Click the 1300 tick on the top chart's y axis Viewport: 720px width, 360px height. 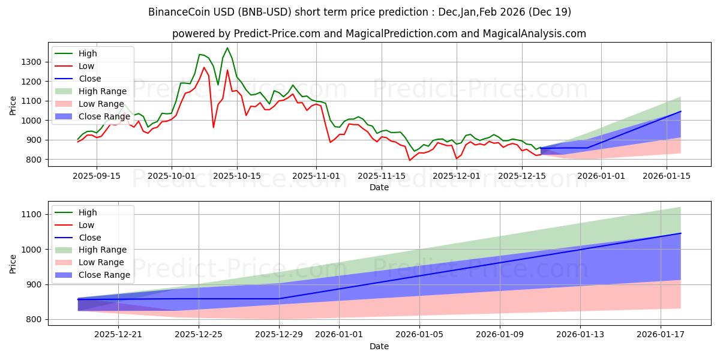pyautogui.click(x=31, y=62)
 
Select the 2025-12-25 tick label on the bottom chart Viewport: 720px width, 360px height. pyautogui.click(x=198, y=335)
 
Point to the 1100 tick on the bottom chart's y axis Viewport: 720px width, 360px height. pyautogui.click(x=31, y=214)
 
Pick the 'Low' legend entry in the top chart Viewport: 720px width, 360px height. pyautogui.click(x=87, y=66)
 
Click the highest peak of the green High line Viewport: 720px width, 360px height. pyautogui.click(x=227, y=48)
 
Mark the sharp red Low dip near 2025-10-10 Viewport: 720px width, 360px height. pyautogui.click(x=214, y=127)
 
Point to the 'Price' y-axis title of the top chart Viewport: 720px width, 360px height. pyautogui.click(x=13, y=105)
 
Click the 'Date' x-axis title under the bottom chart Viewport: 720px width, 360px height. pyautogui.click(x=379, y=346)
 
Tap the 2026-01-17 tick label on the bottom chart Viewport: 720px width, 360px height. pyautogui.click(x=661, y=335)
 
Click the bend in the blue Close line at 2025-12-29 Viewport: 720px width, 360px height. pyautogui.click(x=279, y=299)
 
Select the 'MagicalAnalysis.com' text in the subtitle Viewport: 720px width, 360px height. pyautogui.click(x=536, y=34)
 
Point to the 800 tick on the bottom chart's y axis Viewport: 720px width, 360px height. pyautogui.click(x=34, y=319)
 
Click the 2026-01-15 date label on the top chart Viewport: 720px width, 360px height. pyautogui.click(x=666, y=176)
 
